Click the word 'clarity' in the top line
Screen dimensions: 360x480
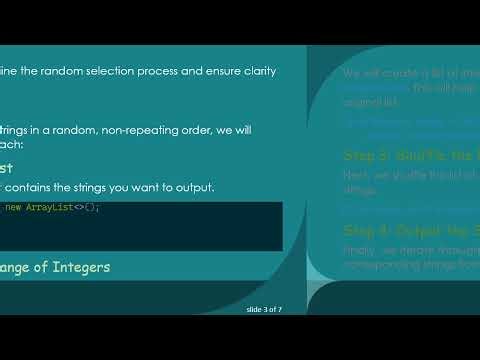256,71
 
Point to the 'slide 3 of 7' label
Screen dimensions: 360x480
264,310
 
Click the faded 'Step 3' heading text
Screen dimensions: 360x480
367,155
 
